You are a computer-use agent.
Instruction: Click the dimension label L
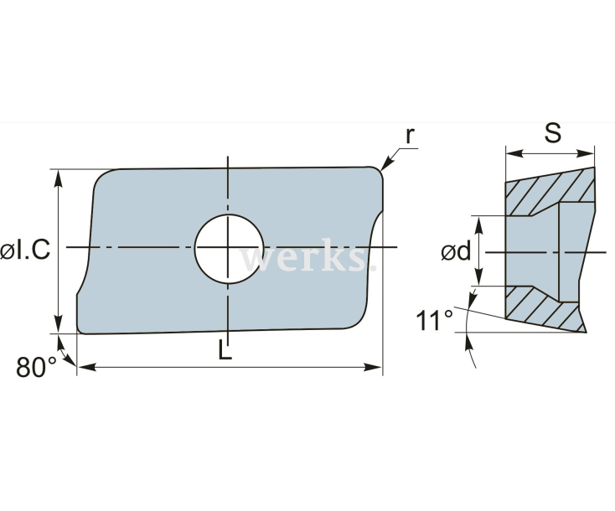(x=225, y=351)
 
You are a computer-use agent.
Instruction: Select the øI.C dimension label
(x=24, y=250)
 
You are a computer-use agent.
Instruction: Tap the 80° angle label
(x=36, y=367)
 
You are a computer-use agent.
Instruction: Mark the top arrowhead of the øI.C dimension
(x=58, y=175)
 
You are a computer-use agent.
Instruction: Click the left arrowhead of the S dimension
(x=511, y=153)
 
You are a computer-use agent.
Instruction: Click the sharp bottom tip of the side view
(x=585, y=331)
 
